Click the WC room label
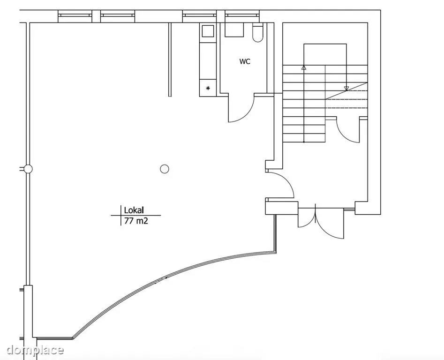pyautogui.click(x=245, y=61)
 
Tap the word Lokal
pyautogui.click(x=134, y=210)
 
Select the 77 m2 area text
pyautogui.click(x=136, y=221)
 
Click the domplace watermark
pyautogui.click(x=35, y=350)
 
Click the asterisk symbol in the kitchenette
pyautogui.click(x=208, y=88)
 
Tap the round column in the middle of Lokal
pyautogui.click(x=165, y=169)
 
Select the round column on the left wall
pyautogui.click(x=28, y=169)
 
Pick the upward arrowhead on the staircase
pyautogui.click(x=304, y=67)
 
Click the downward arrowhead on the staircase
pyautogui.click(x=346, y=89)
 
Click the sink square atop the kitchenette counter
pyautogui.click(x=208, y=31)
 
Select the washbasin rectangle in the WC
pyautogui.click(x=234, y=30)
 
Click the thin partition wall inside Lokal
pyautogui.click(x=170, y=60)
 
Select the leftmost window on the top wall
pyautogui.click(x=75, y=16)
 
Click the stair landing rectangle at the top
pyautogui.click(x=325, y=55)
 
